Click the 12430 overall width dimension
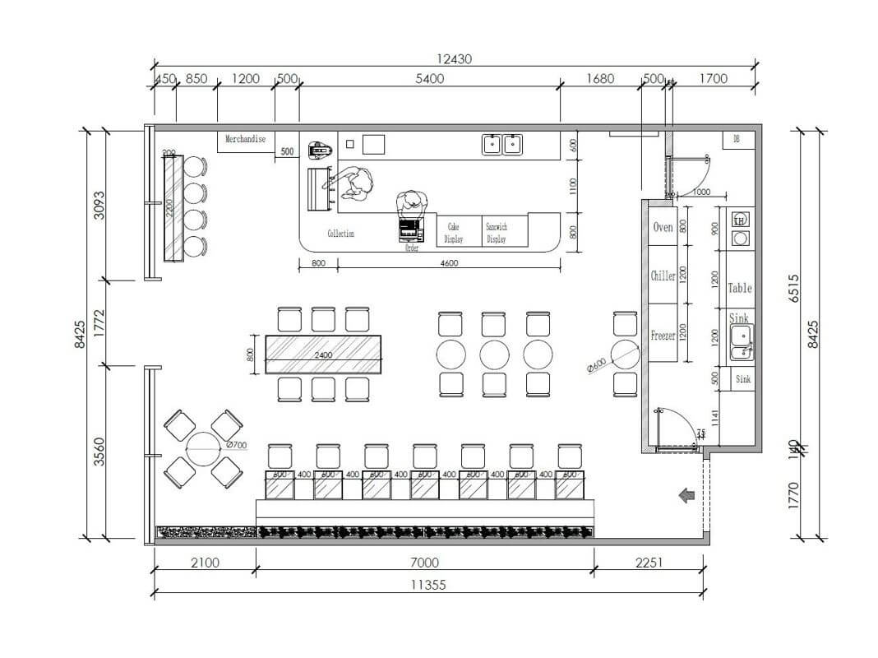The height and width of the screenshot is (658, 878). coord(455,59)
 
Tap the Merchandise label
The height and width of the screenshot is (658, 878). coord(246,140)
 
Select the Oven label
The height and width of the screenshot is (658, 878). coord(663,227)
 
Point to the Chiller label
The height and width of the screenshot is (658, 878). coord(663,276)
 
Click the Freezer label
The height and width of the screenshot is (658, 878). coord(663,336)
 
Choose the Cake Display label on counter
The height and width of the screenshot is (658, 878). coord(455,233)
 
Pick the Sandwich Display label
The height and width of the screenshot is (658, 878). coord(497,233)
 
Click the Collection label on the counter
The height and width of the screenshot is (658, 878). coord(340,234)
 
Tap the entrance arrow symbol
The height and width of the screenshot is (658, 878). coord(683,495)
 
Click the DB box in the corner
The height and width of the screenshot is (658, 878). coord(737,140)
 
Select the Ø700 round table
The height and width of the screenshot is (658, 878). coord(203,449)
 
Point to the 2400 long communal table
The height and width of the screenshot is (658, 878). coord(325,355)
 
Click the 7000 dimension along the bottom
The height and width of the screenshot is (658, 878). coord(424,563)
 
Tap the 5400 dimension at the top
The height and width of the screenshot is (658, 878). coord(429,79)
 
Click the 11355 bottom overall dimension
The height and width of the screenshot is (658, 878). coord(428,585)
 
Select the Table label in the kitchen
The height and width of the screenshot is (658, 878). coord(740,288)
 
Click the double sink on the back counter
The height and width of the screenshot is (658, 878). coord(502,145)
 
